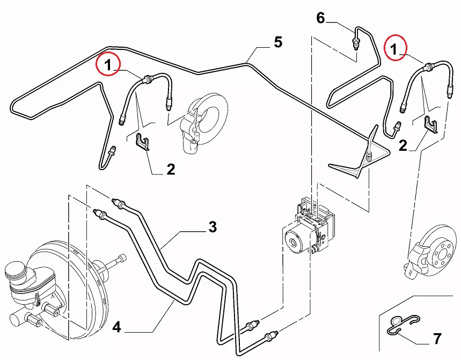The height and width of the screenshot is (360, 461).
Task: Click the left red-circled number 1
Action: pos(108,65)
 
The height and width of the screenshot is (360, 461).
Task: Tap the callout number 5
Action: pos(277,42)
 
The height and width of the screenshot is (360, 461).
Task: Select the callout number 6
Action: pos(320,18)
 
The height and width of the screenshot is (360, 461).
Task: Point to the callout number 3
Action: pos(213,227)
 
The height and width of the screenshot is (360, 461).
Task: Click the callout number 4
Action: pos(116,326)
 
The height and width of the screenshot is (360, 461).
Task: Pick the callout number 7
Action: pos(437,339)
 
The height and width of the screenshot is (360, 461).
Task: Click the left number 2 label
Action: pos(171,170)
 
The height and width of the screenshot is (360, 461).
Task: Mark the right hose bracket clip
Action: pos(430,124)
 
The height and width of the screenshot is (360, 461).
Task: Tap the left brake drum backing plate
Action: pos(207,121)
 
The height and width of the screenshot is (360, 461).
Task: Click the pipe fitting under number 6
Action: pos(356,42)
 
